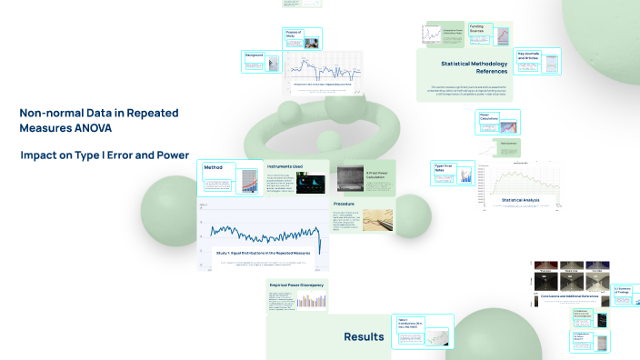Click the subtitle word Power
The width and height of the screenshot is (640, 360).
(170, 155)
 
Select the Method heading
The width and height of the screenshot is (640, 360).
(214, 167)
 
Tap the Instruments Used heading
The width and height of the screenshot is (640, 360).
(285, 166)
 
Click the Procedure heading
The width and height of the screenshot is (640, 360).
(344, 205)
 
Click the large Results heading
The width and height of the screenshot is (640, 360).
(364, 337)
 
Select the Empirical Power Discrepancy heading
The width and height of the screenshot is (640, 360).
(296, 285)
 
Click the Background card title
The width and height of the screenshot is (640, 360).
(255, 55)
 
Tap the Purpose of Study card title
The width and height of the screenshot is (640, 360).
(294, 35)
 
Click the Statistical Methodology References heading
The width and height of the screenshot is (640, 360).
(474, 65)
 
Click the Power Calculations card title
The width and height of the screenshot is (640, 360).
(490, 116)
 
